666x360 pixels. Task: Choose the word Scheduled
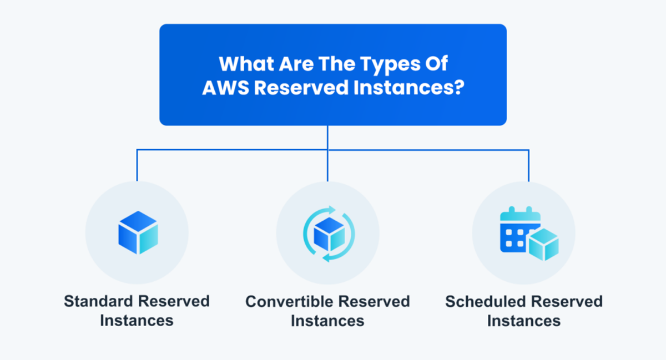coord(486,301)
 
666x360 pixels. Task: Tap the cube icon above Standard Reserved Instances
coord(138,232)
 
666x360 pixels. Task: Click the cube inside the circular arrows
coord(329,234)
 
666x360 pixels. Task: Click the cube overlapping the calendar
coord(543,245)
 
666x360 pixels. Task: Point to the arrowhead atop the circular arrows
coord(332,210)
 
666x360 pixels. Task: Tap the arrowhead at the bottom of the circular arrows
coord(327,258)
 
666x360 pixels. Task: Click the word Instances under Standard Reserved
coord(137,321)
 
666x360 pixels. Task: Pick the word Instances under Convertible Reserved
coord(327,321)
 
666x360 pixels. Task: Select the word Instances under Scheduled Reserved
coord(524,321)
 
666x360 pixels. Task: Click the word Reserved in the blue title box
coord(301,88)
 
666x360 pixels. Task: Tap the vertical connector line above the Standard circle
coord(137,165)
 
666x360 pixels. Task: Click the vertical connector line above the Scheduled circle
coord(528,166)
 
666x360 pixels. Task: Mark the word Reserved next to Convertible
coord(374,301)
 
